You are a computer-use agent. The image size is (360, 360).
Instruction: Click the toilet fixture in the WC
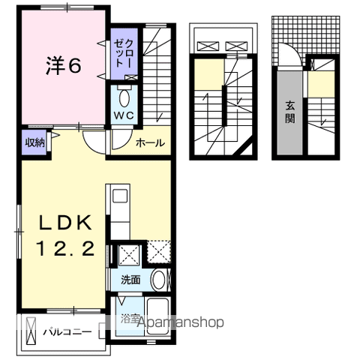click(x=124, y=96)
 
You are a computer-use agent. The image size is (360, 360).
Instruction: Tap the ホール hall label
click(x=150, y=142)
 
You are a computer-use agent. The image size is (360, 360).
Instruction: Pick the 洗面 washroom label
click(x=130, y=280)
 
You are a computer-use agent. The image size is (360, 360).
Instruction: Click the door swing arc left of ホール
click(x=94, y=139)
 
